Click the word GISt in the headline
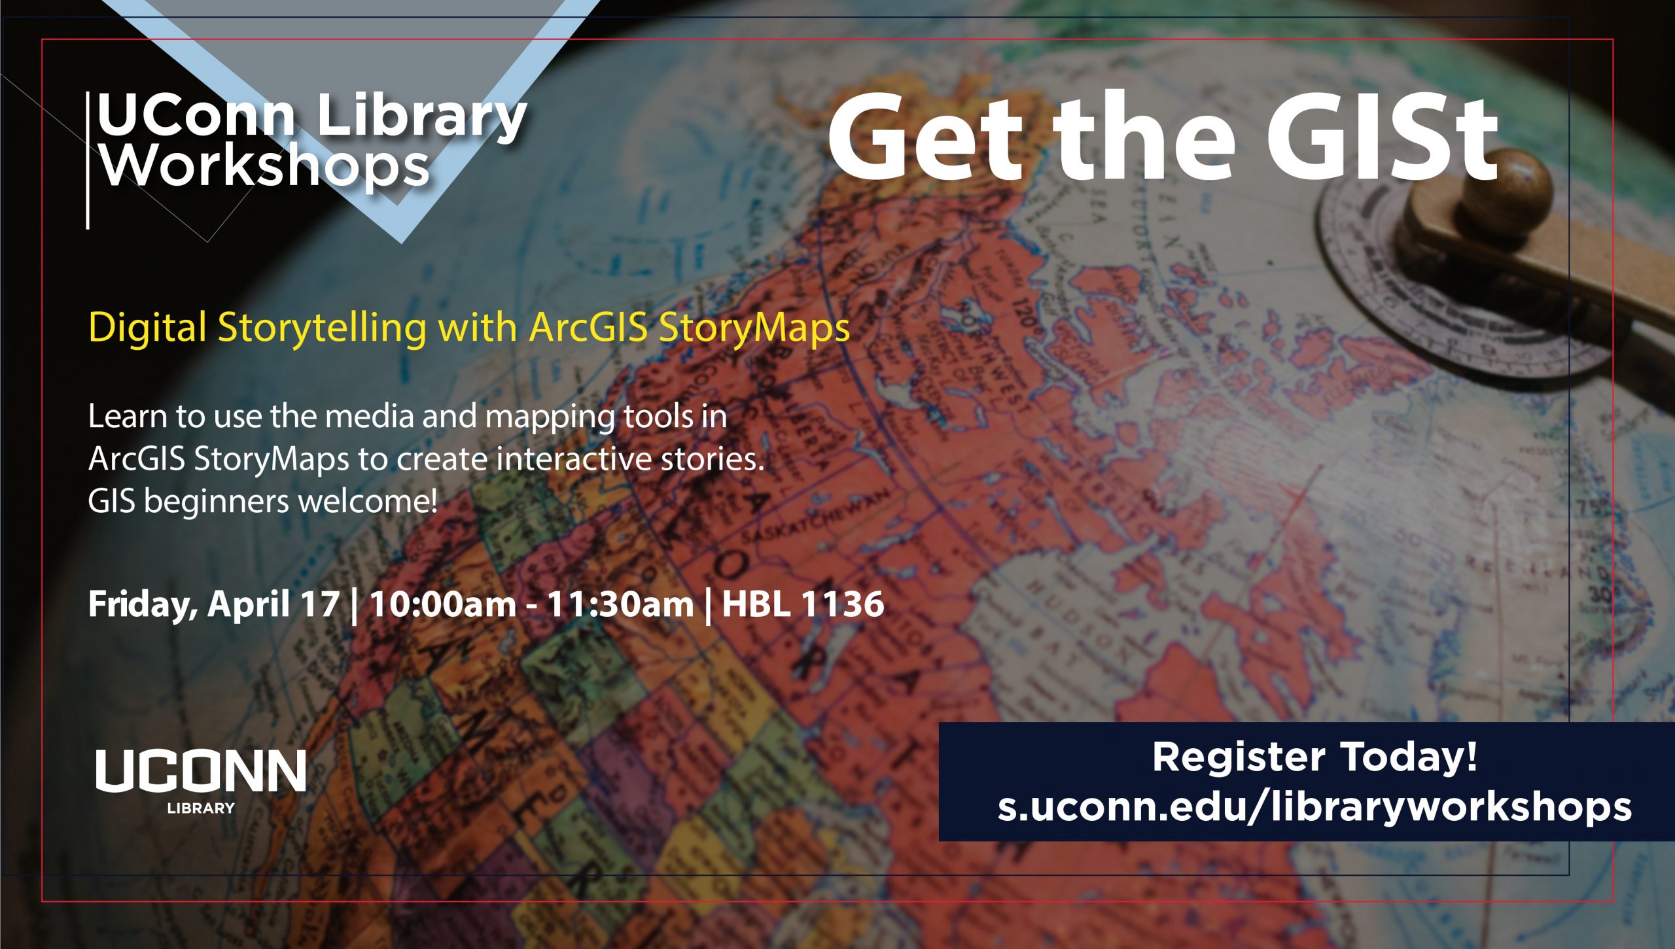coord(1381,139)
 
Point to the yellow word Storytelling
coord(321,327)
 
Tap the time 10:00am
coord(442,604)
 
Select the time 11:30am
coord(620,604)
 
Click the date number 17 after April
coord(320,604)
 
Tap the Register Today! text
coord(1314,757)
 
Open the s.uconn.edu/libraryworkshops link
coord(1314,807)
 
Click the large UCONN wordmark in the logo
coord(201,771)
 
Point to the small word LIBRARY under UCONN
coord(201,808)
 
